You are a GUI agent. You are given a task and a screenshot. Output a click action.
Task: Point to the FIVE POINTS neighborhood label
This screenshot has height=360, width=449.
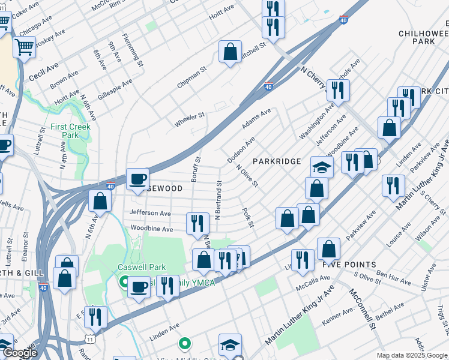point(349,264)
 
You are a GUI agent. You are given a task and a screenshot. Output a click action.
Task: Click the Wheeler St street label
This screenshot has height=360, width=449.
point(190,119)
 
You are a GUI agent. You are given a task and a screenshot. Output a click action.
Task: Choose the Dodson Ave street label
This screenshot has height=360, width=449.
point(241,149)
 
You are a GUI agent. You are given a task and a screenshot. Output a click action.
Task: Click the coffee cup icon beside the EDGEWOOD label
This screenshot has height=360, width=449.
point(137,179)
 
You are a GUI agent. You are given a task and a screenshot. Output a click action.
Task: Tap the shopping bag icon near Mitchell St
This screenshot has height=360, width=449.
point(230,52)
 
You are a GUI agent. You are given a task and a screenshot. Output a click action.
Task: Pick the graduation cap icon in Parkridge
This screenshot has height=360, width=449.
point(322,167)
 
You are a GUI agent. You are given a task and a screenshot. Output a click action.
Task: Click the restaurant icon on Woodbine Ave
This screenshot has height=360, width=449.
point(197,223)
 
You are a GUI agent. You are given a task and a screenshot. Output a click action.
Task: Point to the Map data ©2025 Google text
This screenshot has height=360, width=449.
point(411,355)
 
